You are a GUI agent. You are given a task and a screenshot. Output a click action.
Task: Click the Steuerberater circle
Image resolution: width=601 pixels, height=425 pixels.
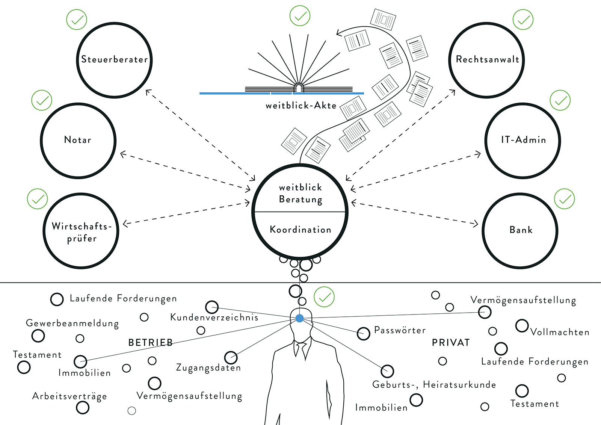coord(115,60)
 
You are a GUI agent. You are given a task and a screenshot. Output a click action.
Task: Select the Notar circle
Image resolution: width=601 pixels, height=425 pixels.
coord(78,141)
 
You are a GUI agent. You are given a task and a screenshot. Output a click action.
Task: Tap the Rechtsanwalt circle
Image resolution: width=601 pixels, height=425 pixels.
coord(487,60)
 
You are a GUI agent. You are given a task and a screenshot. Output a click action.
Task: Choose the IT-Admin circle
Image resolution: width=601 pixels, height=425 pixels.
coord(523,141)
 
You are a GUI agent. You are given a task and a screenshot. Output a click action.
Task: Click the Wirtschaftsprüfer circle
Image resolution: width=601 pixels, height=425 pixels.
coord(81,231)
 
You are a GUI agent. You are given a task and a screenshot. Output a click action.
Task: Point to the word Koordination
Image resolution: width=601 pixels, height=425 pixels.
coord(300,230)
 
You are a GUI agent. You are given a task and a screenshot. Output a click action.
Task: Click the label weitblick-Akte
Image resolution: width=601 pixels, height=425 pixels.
coord(301,106)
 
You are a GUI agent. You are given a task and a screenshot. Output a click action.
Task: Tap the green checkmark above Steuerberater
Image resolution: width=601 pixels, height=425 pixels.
coord(77,20)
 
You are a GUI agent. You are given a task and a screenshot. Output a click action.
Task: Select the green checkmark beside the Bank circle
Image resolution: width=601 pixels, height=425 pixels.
coord(565,199)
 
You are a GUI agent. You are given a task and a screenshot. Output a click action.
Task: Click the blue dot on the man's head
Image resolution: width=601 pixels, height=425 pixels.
coord(299,318)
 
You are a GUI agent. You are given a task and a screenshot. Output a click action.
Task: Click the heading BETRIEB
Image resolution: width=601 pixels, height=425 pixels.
coord(150,343)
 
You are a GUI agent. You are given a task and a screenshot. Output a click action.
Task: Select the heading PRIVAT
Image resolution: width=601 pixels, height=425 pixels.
coord(451,343)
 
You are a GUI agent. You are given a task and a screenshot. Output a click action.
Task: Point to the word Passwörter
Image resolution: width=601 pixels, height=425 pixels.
coord(400,330)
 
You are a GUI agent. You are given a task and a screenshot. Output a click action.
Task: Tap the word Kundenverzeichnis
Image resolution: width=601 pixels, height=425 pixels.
coord(214,318)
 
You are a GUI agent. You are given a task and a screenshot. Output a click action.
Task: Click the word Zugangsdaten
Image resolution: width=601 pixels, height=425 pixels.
coord(208,368)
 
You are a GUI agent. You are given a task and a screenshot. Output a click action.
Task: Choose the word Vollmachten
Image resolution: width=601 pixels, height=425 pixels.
coord(560,332)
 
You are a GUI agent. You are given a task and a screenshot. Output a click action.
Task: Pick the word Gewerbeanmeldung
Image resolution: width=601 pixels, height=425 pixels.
coord(72,323)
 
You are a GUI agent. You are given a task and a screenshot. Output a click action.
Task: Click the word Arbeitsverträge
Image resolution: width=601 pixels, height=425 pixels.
coord(69,396)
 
